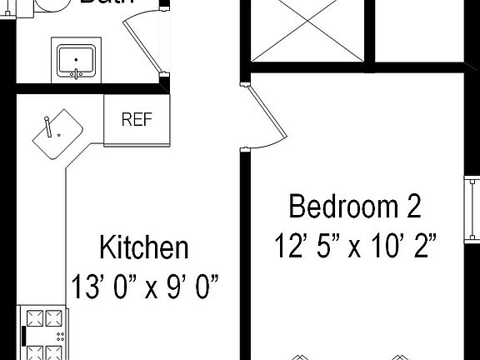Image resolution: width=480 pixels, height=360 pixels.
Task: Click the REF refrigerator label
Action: pyautogui.click(x=137, y=119)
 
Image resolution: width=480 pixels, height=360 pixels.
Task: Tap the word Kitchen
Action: pyautogui.click(x=143, y=248)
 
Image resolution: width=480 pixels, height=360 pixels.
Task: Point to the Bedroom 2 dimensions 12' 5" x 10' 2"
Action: pyautogui.click(x=356, y=245)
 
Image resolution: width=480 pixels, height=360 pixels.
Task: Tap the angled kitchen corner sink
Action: pyautogui.click(x=57, y=133)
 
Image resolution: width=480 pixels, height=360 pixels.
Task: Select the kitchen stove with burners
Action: pyautogui.click(x=47, y=332)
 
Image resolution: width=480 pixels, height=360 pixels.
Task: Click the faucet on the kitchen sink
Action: pyautogui.click(x=49, y=125)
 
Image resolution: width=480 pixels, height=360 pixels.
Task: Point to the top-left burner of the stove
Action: pyautogui.click(x=37, y=317)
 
